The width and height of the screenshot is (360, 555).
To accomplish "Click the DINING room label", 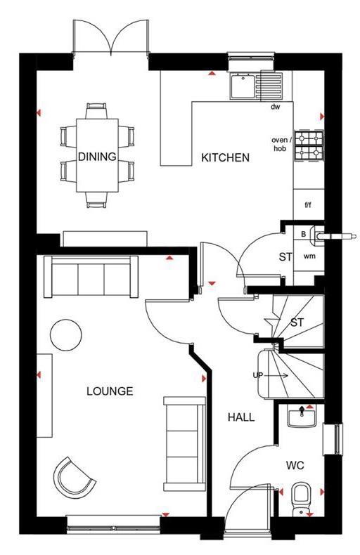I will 97,157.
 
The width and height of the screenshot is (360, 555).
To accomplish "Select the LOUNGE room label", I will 110,391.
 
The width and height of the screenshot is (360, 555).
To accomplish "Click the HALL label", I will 240,417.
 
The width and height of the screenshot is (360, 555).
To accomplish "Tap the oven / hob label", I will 280,144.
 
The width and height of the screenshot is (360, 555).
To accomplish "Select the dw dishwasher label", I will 275,107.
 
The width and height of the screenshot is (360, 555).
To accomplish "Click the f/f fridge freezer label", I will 307,205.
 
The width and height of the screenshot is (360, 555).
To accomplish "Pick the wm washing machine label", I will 309,256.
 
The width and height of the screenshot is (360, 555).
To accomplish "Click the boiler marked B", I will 304,233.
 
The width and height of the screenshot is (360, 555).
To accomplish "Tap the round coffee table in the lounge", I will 65,333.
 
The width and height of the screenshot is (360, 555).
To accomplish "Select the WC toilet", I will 300,496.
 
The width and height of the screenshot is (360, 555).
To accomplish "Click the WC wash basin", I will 302,417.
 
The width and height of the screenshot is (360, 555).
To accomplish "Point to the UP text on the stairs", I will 258,376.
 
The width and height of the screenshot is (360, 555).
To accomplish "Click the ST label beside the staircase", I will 297,322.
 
